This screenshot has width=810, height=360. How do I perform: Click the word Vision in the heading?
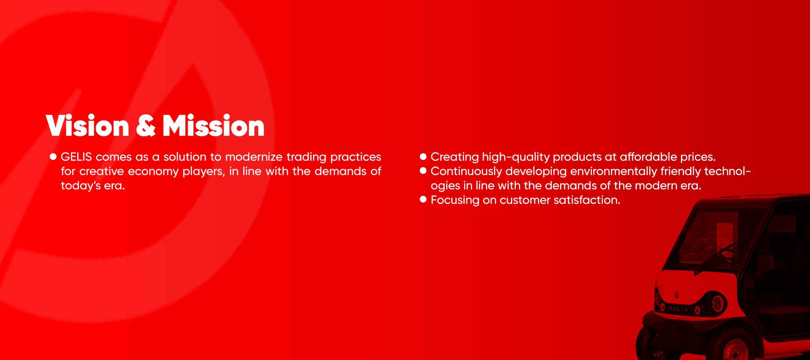pos(87,125)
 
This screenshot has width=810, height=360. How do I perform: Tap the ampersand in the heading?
pos(146,125)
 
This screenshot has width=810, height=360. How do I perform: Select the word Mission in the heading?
pos(213,125)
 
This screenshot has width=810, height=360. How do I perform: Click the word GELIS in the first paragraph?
pos(76,157)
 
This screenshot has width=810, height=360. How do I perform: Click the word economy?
pos(153,171)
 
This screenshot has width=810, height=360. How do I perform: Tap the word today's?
pos(81,186)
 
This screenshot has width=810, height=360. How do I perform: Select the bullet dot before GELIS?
pos(53,157)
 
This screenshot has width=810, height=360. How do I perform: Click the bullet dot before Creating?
pos(423,157)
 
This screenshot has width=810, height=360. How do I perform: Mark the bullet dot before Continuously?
pos(423,171)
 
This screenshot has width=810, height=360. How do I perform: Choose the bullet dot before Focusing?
pos(423,200)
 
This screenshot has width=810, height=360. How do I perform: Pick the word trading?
pos(306,157)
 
